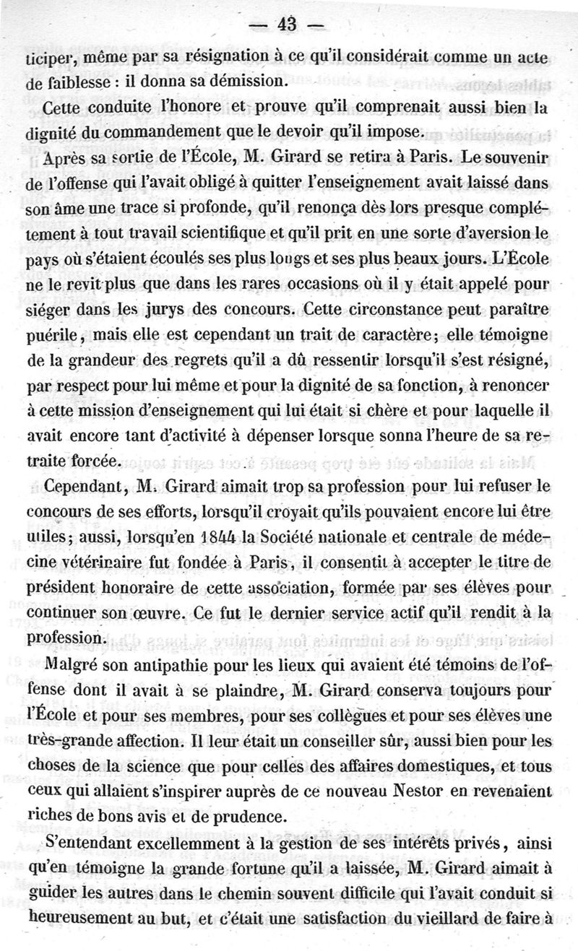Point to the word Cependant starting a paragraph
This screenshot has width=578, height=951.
click(x=82, y=487)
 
